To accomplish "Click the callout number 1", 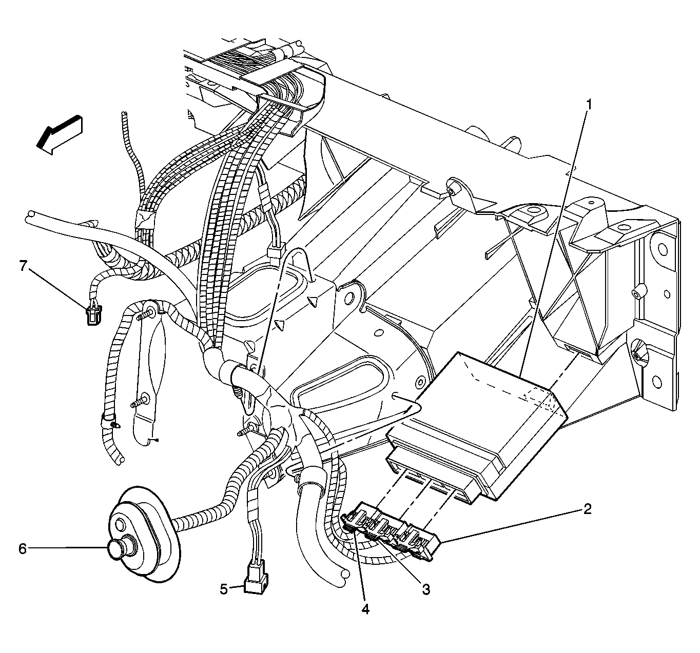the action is point(588,105).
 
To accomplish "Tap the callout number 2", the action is point(587,509).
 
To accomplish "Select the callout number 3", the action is point(426,589).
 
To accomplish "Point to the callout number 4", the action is point(365,609).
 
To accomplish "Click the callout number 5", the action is point(224,589).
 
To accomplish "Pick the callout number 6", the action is point(23,549).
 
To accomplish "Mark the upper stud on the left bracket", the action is point(145,314).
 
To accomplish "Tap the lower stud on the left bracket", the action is point(139,402).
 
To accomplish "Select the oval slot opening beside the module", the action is point(347,384).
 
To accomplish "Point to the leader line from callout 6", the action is point(68,548).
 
